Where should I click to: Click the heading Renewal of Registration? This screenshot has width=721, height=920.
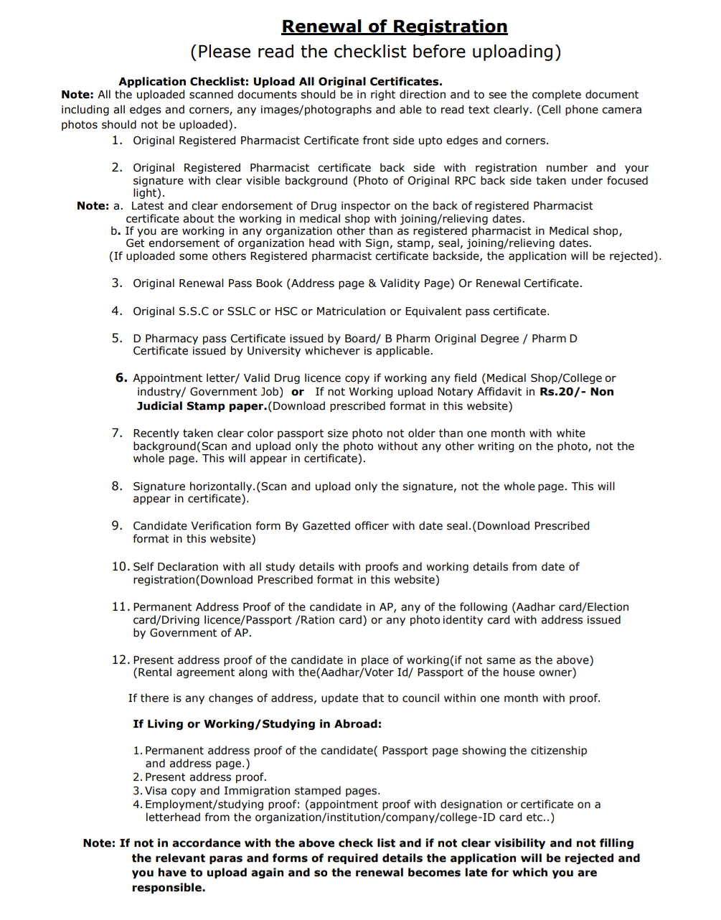tap(394, 27)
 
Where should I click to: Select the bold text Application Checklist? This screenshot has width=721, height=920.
tap(184, 82)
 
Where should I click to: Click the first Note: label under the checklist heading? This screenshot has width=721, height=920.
tap(77, 95)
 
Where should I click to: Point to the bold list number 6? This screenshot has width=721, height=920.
tap(121, 378)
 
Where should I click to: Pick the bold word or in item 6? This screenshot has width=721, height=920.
tap(298, 392)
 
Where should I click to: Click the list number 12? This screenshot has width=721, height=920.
tap(121, 660)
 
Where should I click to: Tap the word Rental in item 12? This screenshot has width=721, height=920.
tap(156, 672)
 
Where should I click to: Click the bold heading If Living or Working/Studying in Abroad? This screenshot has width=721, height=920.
tap(257, 724)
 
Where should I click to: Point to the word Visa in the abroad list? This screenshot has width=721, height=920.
tap(156, 791)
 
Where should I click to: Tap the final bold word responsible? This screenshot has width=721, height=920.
tap(168, 888)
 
